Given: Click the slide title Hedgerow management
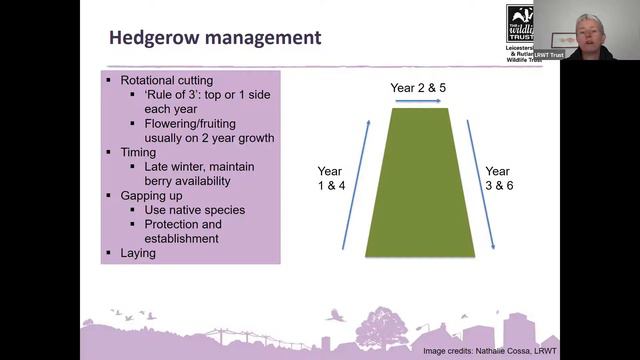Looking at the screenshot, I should coord(214,38).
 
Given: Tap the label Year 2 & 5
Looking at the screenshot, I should coord(419,88).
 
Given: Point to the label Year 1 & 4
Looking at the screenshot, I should coord(330,179).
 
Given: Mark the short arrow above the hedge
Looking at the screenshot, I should coord(418,102).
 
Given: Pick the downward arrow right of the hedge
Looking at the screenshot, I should coord(482,186).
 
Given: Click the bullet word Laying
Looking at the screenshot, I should coord(138,254).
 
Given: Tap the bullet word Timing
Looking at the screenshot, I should coord(138,152).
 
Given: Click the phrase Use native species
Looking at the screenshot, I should coord(194,210).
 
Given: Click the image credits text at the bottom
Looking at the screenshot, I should coord(490,351).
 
